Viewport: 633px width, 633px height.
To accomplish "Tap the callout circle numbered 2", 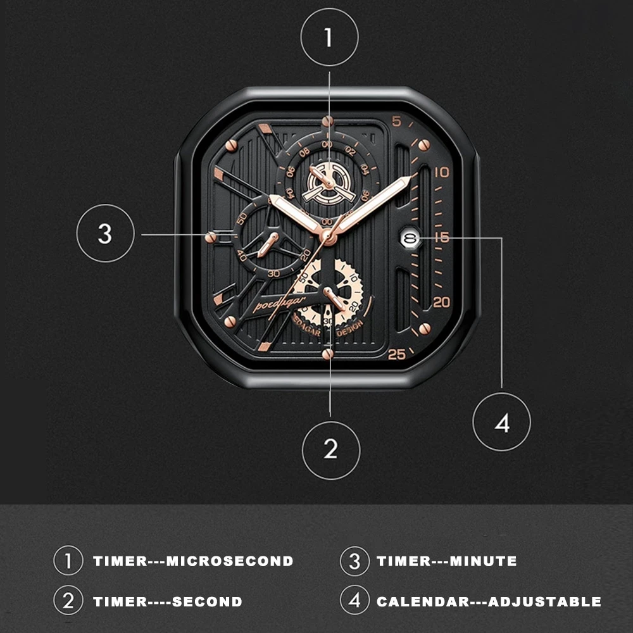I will [x=331, y=449].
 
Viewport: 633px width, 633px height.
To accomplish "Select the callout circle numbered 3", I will [x=105, y=234].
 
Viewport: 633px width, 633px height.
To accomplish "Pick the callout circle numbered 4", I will [x=502, y=422].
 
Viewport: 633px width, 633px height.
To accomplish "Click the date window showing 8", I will [x=410, y=238].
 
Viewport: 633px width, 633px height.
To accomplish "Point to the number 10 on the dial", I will [x=442, y=172].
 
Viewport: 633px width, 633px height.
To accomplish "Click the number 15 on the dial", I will [x=442, y=238].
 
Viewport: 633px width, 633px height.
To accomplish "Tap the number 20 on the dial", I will [x=442, y=302].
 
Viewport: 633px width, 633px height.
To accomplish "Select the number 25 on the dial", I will [x=397, y=354].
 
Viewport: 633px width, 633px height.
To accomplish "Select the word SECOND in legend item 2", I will [x=207, y=601].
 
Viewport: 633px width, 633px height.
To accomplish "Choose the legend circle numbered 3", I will [x=354, y=561].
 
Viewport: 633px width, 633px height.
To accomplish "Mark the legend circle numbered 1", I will [x=68, y=561].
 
